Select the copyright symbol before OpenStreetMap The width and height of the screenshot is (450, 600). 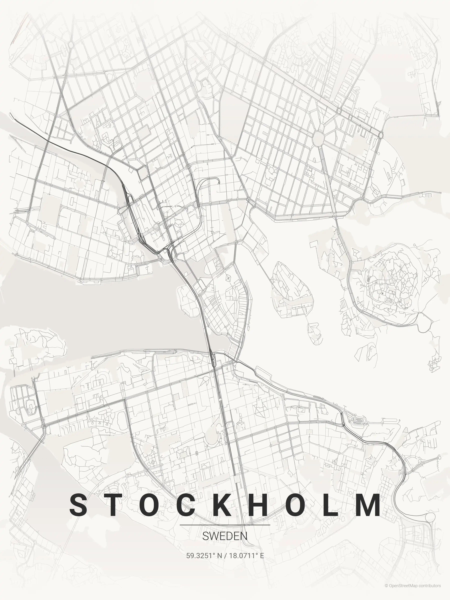pyautogui.click(x=386, y=591)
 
